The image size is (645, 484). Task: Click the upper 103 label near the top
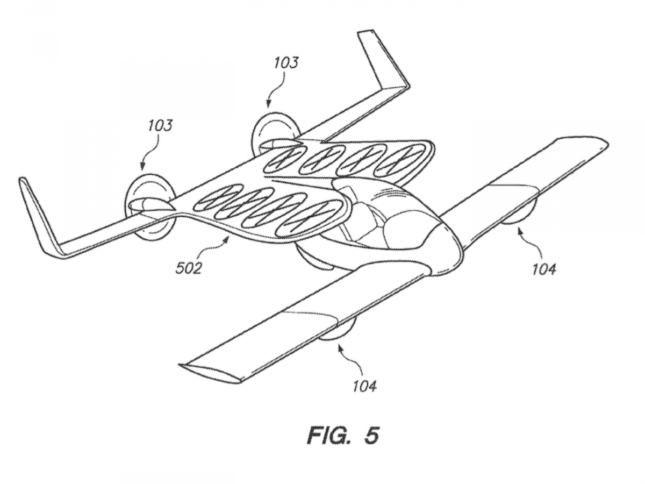point(286,63)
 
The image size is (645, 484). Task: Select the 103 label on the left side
point(159,126)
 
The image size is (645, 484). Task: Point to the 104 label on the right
point(544,268)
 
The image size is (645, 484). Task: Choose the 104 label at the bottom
point(364,386)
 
